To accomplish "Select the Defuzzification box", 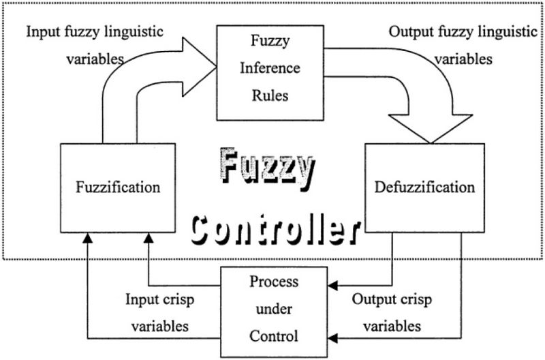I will [424, 185].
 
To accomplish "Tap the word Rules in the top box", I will [270, 95].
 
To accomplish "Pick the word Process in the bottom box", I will [273, 282].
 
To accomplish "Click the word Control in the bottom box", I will [273, 335].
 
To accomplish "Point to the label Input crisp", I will [159, 299].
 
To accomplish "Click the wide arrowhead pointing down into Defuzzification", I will [430, 128].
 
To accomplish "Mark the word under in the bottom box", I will [273, 309].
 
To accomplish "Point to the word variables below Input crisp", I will [159, 325].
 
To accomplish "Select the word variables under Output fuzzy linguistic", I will [463, 59].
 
